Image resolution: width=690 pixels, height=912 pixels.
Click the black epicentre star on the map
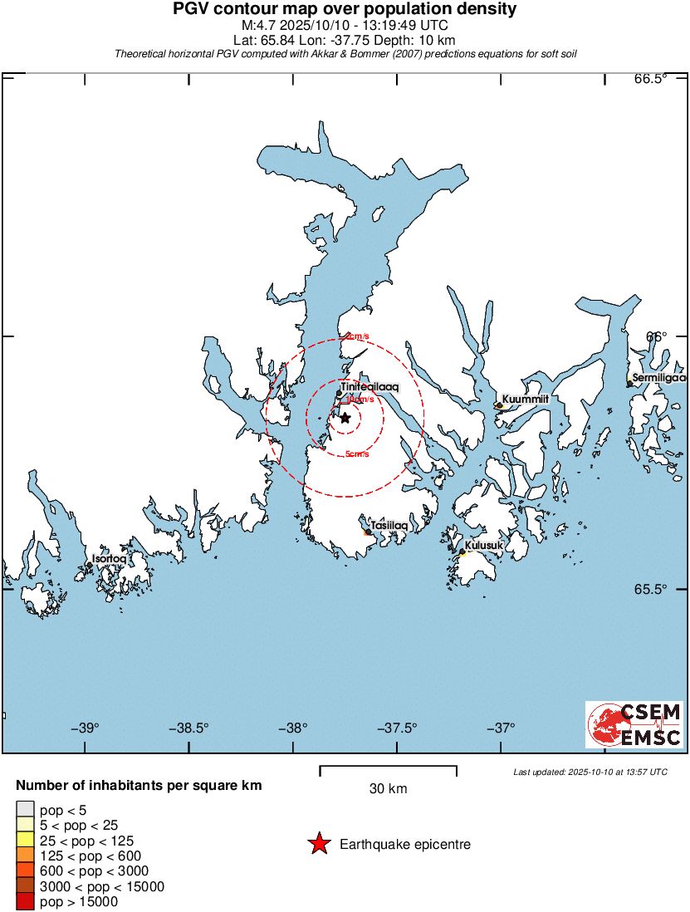coord(345,418)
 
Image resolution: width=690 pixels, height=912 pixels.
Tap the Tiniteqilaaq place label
coord(369,387)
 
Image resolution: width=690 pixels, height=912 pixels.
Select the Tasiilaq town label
coord(389,526)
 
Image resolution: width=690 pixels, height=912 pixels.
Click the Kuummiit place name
coord(526,400)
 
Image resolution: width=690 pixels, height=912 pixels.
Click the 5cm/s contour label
coord(356,454)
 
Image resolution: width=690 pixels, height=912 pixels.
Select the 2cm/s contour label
coord(356,336)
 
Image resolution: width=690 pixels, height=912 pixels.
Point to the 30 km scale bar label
coord(388,789)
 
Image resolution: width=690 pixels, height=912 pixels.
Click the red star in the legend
coord(318,845)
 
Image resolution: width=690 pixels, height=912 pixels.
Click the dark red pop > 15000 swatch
coord(25,900)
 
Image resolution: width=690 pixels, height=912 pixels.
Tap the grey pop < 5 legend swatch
coord(25,810)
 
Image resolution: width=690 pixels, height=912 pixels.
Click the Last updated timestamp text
coord(590,772)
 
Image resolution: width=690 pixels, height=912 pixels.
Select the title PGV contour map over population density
coord(345,10)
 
